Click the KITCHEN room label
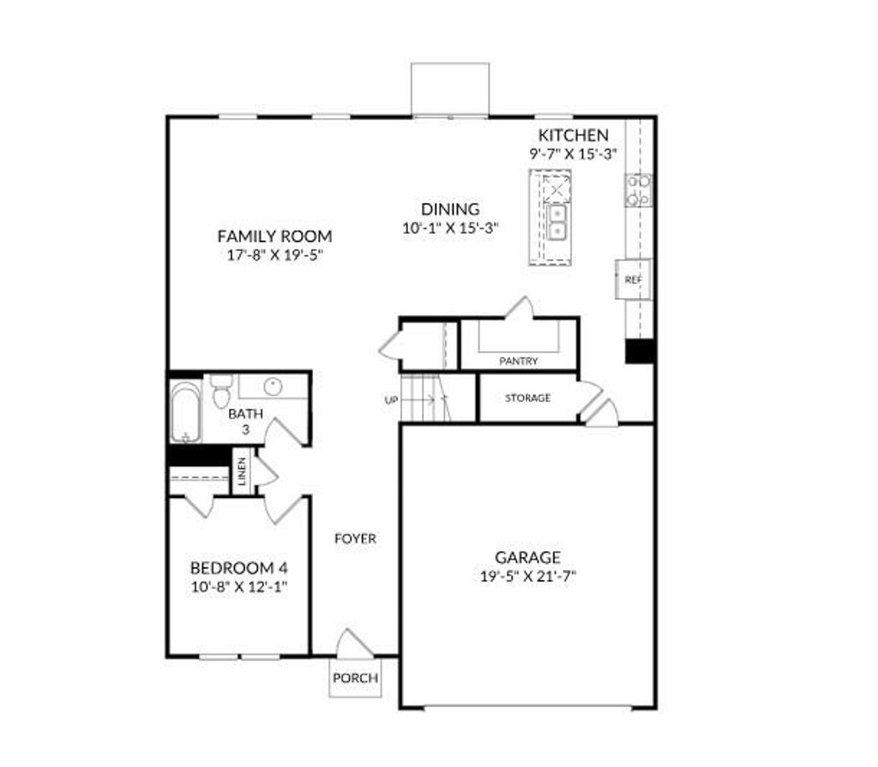click(x=573, y=135)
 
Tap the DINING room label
click(x=449, y=209)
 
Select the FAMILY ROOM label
click(x=274, y=236)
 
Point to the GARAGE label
click(x=527, y=557)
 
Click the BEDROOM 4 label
click(x=238, y=567)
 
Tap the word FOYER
click(x=355, y=538)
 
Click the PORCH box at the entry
click(x=355, y=678)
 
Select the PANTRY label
click(x=519, y=361)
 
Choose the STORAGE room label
click(x=527, y=398)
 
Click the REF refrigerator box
click(x=633, y=279)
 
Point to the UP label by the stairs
click(x=391, y=399)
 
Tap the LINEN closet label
click(x=243, y=471)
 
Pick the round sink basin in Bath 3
click(x=273, y=386)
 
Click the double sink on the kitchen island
click(x=557, y=221)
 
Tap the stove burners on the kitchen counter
click(x=638, y=189)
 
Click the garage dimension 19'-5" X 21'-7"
click(x=527, y=577)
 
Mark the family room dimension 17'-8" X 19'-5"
click(x=274, y=255)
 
